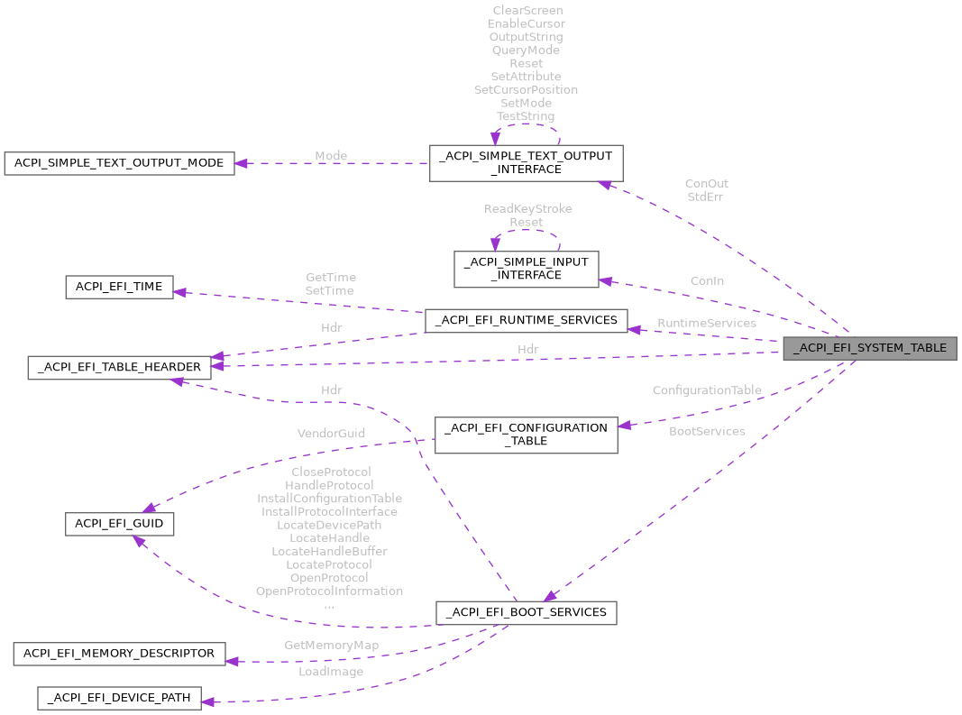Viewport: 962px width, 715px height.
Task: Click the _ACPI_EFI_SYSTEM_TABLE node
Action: (869, 348)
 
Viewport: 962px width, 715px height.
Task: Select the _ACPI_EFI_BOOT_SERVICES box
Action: (527, 612)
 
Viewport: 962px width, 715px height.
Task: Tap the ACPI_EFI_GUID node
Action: (119, 524)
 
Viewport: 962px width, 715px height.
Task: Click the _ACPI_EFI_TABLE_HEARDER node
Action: (120, 367)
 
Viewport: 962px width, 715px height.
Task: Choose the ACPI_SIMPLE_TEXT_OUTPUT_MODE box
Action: (119, 163)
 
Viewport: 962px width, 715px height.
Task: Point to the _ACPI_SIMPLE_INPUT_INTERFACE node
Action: (526, 269)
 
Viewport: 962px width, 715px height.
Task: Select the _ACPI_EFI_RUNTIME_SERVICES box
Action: (526, 320)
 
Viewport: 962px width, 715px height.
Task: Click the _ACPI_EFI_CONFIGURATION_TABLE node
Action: (527, 435)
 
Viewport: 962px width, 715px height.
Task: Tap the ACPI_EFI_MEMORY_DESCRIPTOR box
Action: (119, 653)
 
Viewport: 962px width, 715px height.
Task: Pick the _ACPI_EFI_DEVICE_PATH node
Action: (119, 698)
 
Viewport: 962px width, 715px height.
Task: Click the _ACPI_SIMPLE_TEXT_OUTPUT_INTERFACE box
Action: (525, 162)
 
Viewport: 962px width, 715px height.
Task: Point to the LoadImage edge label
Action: (332, 672)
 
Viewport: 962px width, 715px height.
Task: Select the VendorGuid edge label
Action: (331, 433)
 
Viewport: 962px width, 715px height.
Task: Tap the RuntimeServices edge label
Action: (706, 323)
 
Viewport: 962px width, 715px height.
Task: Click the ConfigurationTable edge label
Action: (707, 390)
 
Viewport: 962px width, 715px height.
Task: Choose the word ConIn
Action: (707, 281)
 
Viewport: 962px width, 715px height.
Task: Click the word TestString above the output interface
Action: (526, 116)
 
